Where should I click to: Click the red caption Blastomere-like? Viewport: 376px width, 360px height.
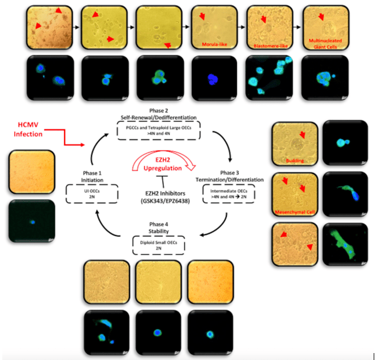(x=269, y=44)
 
